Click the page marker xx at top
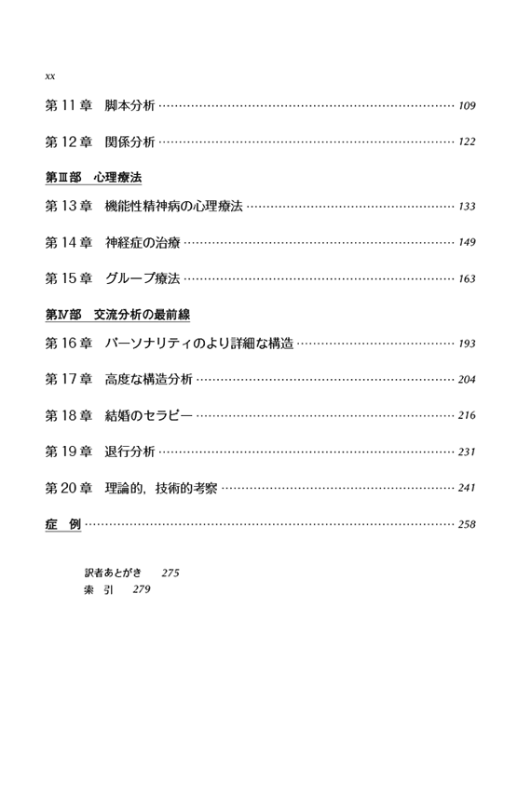(50, 76)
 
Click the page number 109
(467, 106)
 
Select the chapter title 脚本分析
(129, 105)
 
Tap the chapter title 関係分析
(129, 142)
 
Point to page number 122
(467, 142)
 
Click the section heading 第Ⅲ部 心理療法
(93, 178)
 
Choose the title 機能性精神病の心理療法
(173, 206)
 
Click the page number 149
(467, 242)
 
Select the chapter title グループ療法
(143, 278)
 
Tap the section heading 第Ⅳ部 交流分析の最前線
(118, 315)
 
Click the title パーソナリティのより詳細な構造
(199, 343)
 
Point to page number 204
(467, 380)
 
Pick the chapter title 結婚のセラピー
(149, 415)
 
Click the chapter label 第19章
(69, 452)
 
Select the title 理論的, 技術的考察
(161, 488)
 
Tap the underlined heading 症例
(63, 524)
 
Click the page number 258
(467, 524)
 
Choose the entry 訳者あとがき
(113, 573)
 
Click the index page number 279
(142, 589)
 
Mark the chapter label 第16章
(69, 343)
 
